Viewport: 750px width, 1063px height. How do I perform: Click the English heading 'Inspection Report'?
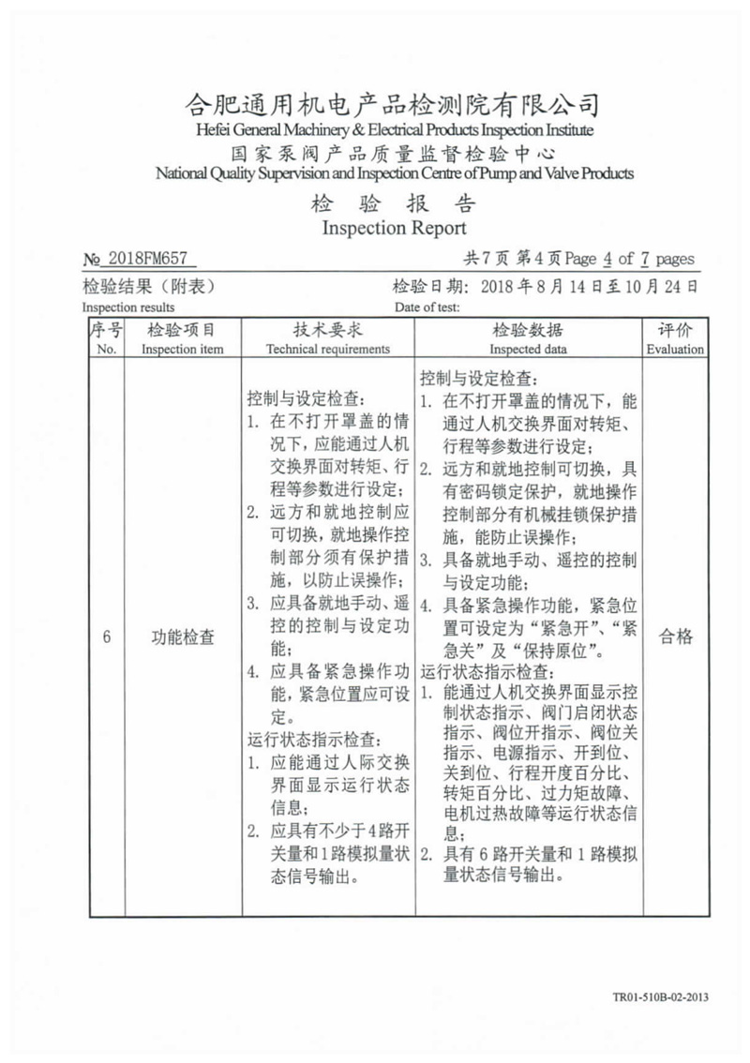tap(394, 228)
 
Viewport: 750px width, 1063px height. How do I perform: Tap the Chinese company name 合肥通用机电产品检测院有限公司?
tap(394, 104)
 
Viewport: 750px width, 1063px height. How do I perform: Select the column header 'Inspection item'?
tap(183, 349)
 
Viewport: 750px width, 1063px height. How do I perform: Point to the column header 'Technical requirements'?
tap(328, 349)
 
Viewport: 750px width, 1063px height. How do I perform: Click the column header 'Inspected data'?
tap(528, 349)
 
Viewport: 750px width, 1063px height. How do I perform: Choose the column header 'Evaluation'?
tap(675, 349)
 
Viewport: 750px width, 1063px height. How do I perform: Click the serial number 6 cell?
tap(106, 637)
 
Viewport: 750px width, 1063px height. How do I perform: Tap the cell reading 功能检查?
tap(183, 637)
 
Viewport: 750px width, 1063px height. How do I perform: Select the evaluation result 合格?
tap(675, 637)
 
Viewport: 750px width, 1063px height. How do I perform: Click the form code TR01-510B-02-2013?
tap(658, 997)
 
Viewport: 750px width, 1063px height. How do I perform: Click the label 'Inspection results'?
tap(127, 307)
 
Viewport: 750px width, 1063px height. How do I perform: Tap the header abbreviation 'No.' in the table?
tap(106, 349)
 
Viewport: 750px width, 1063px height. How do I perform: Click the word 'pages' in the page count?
tap(675, 260)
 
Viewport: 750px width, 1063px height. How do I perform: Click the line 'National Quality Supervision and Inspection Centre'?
tap(394, 173)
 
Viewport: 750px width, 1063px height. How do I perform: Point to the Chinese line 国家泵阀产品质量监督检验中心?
tap(394, 153)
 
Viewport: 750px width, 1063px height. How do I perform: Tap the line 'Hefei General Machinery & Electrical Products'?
tap(394, 128)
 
